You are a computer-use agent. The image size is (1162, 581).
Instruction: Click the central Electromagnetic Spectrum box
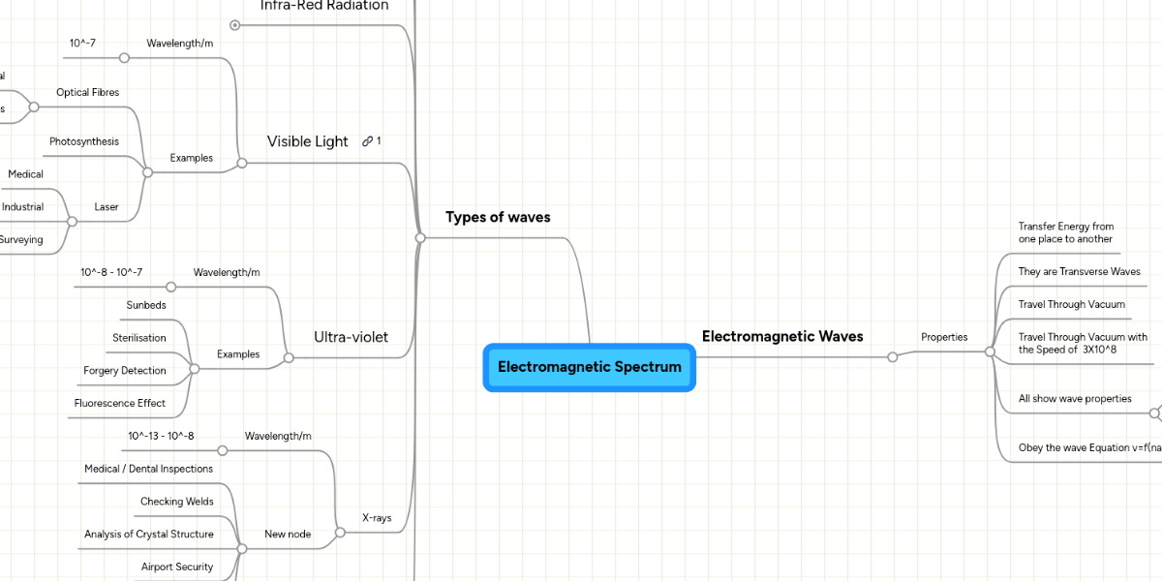[589, 367]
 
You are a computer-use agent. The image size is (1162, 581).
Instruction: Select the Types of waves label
[498, 217]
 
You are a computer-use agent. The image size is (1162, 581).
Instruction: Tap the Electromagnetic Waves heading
[781, 336]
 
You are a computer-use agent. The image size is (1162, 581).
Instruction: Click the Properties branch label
[944, 337]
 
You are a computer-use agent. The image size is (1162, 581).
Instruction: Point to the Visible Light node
[307, 141]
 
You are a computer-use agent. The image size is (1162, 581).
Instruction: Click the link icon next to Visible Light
[368, 141]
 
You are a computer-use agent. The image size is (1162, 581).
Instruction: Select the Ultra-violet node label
[351, 337]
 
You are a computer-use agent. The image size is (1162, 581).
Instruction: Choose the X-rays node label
[377, 518]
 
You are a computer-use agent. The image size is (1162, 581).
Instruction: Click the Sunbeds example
[145, 305]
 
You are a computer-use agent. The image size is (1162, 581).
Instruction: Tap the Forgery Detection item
[124, 371]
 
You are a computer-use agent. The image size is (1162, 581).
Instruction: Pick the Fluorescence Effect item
[119, 403]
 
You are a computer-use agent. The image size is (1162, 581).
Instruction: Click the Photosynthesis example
[84, 141]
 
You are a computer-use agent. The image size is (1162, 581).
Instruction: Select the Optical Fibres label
[87, 92]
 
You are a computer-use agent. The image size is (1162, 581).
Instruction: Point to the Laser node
[107, 207]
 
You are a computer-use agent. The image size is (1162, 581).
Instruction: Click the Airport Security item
[176, 566]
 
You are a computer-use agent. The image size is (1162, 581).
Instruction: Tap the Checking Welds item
[176, 502]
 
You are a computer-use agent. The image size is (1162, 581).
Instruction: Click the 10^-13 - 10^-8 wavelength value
[161, 436]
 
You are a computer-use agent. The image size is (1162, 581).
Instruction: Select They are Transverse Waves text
[1079, 272]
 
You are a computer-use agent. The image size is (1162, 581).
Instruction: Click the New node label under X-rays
[288, 535]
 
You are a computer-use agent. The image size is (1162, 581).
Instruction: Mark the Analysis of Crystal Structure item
[148, 534]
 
